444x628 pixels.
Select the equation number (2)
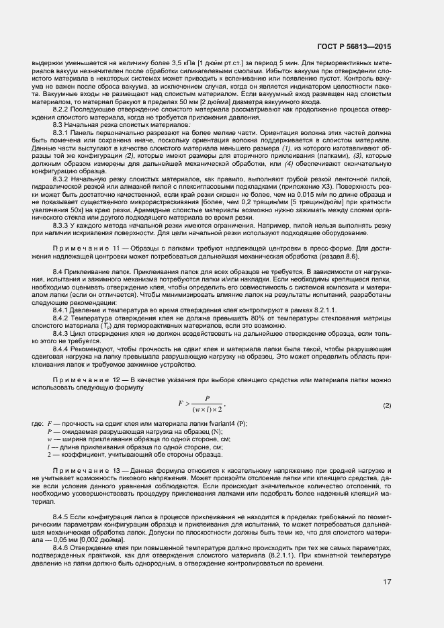click(387, 406)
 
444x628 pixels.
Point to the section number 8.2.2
click(63, 109)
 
